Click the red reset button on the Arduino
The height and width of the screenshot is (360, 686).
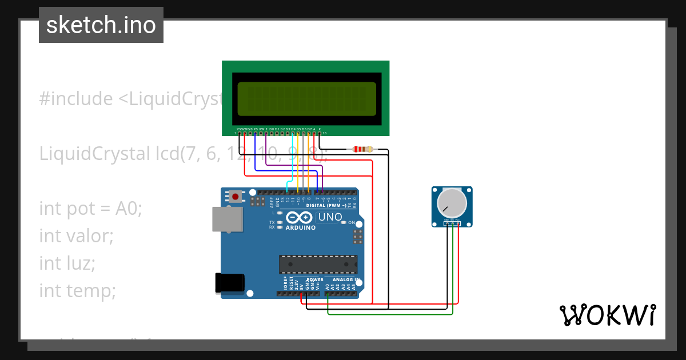click(236, 197)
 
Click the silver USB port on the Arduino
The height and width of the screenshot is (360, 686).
click(227, 219)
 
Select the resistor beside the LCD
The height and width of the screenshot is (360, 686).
click(363, 150)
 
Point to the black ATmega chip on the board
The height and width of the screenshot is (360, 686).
click(318, 265)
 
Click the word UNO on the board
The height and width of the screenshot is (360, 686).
click(330, 217)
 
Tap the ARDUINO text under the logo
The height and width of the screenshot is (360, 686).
click(300, 227)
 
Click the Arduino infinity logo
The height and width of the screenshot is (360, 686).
click(300, 217)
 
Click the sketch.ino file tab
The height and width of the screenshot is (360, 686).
click(101, 25)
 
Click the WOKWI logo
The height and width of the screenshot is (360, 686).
click(607, 315)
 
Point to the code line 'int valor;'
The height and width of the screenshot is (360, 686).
click(77, 235)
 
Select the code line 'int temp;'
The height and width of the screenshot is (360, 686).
click(78, 291)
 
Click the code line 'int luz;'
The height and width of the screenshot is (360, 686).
click(67, 263)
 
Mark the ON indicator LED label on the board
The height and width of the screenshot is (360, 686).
click(352, 222)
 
